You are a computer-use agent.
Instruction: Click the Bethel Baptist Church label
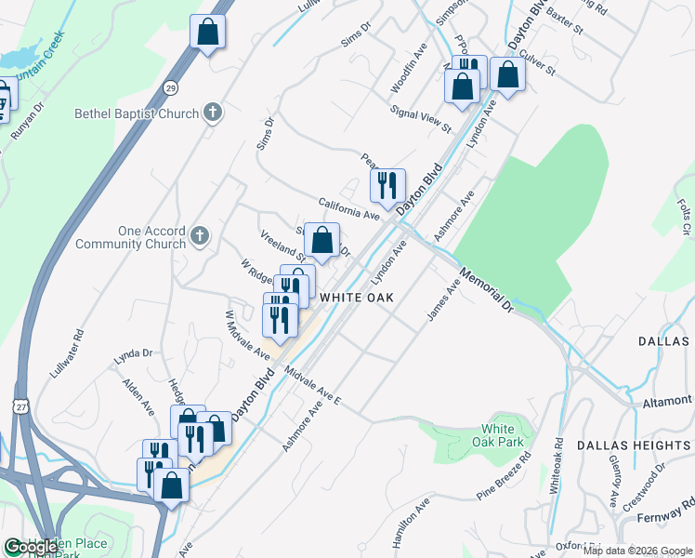[x=137, y=114]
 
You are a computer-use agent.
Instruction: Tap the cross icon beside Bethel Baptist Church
[x=213, y=113]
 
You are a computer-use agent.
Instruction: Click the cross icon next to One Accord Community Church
[x=200, y=236]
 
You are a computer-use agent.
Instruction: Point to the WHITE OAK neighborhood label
[x=357, y=298]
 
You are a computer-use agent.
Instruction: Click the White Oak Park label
[x=503, y=435]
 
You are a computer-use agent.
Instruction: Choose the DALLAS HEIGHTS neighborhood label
[x=634, y=445]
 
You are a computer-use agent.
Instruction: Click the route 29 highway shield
[x=171, y=86]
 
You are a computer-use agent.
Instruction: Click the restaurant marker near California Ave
[x=388, y=185]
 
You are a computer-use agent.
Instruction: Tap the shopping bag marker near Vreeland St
[x=321, y=240]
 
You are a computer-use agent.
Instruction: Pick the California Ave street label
[x=349, y=208]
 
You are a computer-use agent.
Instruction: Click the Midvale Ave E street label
[x=314, y=386]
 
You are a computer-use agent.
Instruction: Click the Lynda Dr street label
[x=133, y=354]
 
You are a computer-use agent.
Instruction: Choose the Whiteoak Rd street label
[x=557, y=465]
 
